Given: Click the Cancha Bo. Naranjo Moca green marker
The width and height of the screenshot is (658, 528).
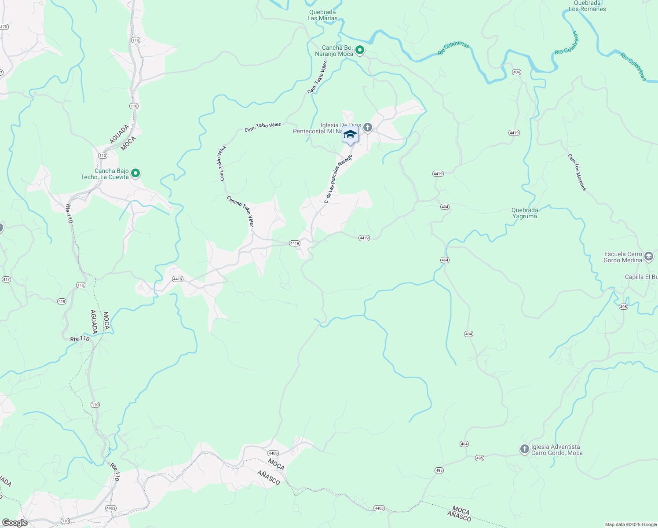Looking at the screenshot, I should (360, 50).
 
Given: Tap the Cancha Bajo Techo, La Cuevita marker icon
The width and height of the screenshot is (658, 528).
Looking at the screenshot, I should (135, 173).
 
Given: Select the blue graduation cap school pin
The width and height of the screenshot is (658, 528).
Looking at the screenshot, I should (350, 135).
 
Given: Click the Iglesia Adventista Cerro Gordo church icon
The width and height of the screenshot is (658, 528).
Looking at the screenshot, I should (524, 449).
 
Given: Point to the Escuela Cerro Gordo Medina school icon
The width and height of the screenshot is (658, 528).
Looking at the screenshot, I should (648, 257).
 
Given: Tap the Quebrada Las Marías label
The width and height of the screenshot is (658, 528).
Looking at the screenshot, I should (322, 15).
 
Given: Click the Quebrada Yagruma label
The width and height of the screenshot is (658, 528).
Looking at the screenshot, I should (524, 213).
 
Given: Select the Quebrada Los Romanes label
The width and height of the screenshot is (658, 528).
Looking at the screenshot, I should (587, 6).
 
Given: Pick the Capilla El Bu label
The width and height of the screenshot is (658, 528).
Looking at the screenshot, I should (641, 277).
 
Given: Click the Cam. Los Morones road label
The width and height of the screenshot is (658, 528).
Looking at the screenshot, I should (577, 172).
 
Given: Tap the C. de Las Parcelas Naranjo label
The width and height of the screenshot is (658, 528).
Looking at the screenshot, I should (338, 179).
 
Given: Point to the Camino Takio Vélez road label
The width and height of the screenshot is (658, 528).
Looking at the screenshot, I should (241, 212).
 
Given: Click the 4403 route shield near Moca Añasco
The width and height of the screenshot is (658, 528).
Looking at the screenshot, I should (273, 453).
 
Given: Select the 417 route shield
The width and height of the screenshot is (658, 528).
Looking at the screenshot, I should (6, 279).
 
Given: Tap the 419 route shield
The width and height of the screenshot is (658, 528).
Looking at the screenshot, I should (62, 301).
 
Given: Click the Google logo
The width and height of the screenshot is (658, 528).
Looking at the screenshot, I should (15, 523).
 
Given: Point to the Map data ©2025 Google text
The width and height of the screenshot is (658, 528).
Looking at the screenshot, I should (630, 524).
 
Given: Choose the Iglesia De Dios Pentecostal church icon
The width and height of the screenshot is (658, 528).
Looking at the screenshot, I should (368, 128).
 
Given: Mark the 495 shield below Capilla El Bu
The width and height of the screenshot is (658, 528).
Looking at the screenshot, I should (623, 307).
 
